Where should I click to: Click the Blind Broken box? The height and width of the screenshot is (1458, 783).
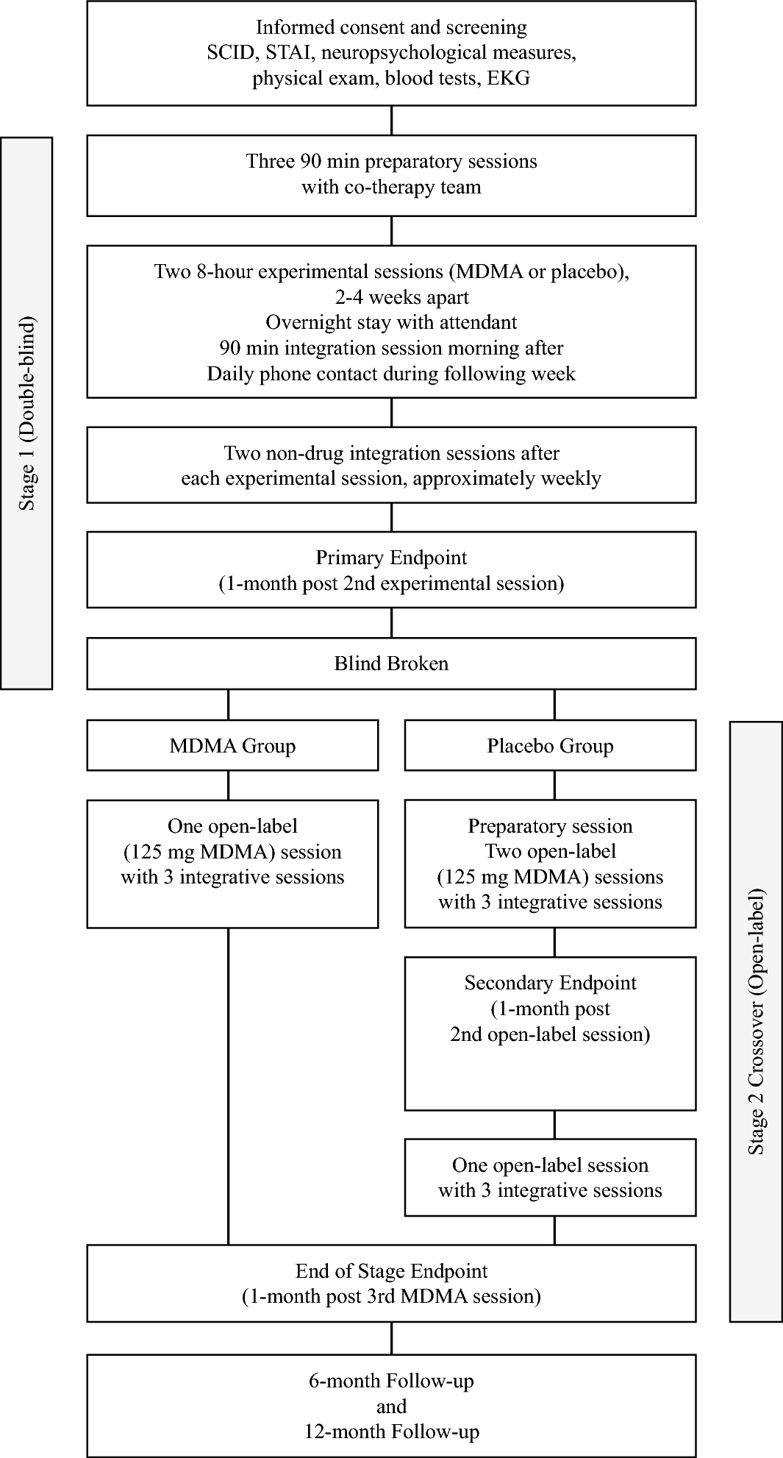pyautogui.click(x=391, y=664)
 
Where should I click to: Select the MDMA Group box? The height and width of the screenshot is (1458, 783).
pyautogui.click(x=232, y=746)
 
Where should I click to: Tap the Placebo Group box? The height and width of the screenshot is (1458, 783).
pyautogui.click(x=550, y=746)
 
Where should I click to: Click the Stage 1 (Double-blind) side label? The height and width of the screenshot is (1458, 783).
pyautogui.click(x=26, y=413)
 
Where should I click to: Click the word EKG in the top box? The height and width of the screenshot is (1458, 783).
pyautogui.click(x=509, y=78)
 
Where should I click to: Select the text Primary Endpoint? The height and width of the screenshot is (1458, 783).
pyautogui.click(x=391, y=558)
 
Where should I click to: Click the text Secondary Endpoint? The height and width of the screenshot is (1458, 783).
pyautogui.click(x=550, y=984)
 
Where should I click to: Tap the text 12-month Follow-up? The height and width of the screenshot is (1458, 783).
pyautogui.click(x=391, y=1432)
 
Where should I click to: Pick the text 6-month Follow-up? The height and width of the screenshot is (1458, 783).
pyautogui.click(x=391, y=1381)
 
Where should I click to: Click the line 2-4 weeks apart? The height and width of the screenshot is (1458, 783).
pyautogui.click(x=391, y=297)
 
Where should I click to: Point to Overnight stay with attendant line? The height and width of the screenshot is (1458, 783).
pyautogui.click(x=391, y=322)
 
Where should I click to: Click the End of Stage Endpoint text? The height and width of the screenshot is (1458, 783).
pyautogui.click(x=391, y=1271)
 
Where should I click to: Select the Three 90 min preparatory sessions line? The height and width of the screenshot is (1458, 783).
pyautogui.click(x=391, y=161)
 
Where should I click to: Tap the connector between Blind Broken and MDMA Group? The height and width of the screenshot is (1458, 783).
pyautogui.click(x=229, y=704)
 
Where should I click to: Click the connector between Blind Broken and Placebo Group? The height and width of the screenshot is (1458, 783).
pyautogui.click(x=554, y=704)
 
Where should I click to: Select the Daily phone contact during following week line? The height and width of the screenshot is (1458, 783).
pyautogui.click(x=391, y=374)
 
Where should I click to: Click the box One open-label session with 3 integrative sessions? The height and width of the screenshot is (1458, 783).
pyautogui.click(x=550, y=1178)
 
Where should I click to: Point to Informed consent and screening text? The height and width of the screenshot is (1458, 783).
pyautogui.click(x=391, y=28)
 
